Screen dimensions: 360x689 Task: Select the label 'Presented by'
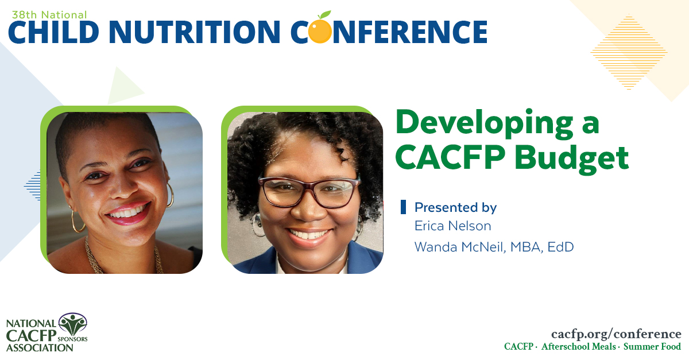(455, 207)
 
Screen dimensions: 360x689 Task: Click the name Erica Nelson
(452, 226)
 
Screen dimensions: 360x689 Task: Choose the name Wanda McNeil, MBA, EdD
(494, 247)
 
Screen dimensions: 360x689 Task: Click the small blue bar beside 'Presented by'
(403, 207)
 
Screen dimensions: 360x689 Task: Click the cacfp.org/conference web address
(616, 334)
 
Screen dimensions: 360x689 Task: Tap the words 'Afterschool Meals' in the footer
(579, 347)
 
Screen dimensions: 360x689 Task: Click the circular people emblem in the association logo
(73, 326)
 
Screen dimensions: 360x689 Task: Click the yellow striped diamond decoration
(629, 52)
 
